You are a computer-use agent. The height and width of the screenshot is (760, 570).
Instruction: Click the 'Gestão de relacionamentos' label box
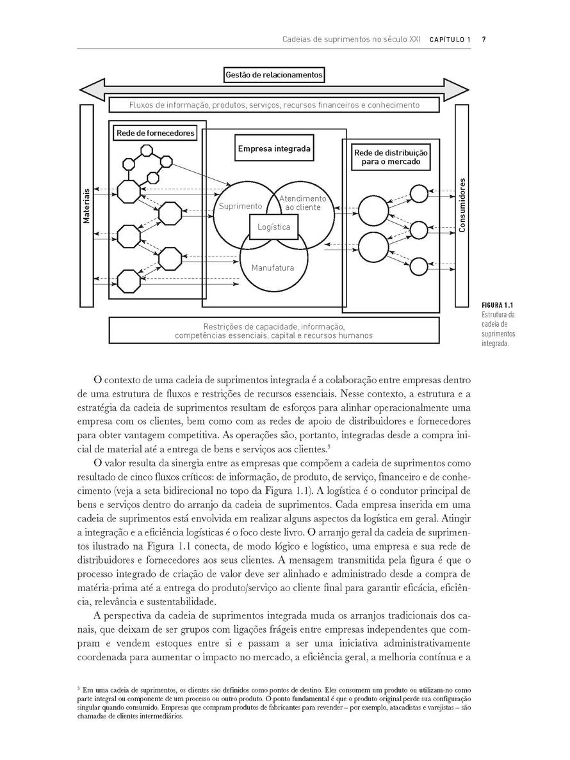pos(274,75)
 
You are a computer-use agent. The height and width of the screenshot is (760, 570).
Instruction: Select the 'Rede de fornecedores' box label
pos(155,133)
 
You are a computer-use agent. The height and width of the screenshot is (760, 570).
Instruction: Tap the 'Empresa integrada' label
pos(274,148)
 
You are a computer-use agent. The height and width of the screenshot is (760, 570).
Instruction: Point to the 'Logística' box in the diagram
pos(273,227)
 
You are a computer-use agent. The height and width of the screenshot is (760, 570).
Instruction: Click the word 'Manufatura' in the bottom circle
pos(273,267)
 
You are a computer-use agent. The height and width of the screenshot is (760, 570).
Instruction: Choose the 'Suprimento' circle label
pos(240,206)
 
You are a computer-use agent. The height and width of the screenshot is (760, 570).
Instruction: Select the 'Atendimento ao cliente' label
pos(302,203)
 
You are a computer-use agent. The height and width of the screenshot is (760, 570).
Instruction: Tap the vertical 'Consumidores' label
pos(462,205)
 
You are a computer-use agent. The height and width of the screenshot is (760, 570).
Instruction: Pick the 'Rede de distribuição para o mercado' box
pos(391,157)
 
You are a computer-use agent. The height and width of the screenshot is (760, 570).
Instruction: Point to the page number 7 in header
pos(484,40)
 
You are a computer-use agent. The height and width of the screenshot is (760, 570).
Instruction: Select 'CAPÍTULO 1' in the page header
pos(450,40)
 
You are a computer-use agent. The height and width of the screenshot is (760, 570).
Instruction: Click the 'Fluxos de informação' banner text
pos(274,105)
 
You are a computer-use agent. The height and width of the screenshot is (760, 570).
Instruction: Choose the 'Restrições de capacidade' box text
pos(273,330)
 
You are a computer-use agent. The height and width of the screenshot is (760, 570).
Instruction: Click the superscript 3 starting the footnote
pos(78,689)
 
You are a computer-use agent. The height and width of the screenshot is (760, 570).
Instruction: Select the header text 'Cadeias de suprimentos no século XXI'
pos(351,40)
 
